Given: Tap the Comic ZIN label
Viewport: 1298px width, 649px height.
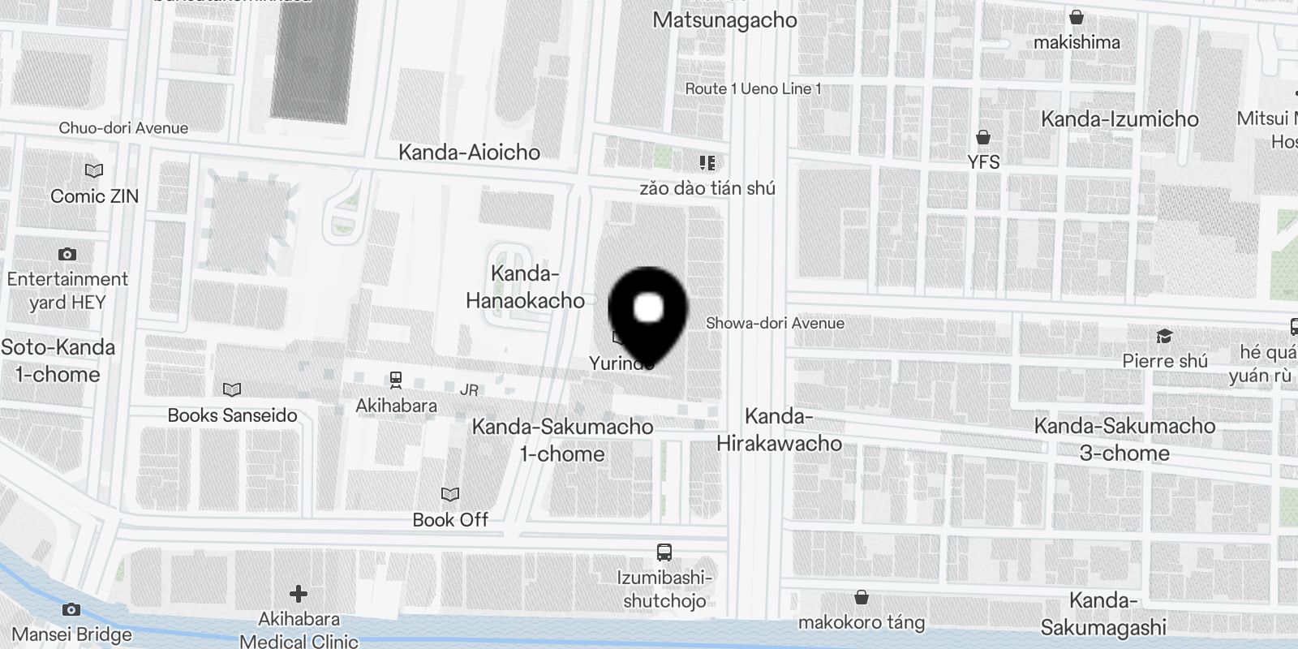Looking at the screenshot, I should pos(94,196).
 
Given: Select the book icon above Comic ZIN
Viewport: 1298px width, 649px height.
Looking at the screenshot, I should pos(94,171).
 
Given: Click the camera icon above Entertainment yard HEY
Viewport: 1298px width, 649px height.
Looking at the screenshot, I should pos(67,255).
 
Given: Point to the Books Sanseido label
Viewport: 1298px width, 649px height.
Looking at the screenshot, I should pos(232,415).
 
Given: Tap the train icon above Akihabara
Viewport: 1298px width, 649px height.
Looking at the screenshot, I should pos(396,379).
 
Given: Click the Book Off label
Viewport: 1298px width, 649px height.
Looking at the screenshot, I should pos(450,520).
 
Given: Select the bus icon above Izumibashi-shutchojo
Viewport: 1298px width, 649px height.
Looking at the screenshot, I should pos(664,553).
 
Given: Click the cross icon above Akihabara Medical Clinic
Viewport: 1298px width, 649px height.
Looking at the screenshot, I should pos(299,595).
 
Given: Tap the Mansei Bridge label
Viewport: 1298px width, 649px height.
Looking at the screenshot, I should pos(72,634).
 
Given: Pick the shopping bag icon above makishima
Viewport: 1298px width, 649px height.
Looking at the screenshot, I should pos(1077,17).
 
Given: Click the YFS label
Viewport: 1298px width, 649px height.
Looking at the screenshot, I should pos(983,162).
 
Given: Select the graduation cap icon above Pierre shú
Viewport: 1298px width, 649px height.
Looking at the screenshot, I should pos(1165,336).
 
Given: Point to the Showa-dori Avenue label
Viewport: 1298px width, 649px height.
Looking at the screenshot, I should pos(775,323).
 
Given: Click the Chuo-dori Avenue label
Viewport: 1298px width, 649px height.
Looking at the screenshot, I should pos(123,128).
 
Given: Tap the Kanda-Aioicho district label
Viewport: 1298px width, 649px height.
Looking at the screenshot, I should pos(469,153).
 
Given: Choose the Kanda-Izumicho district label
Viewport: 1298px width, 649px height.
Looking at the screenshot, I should pos(1120,119).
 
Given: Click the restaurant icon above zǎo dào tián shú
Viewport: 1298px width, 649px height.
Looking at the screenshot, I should pos(707,164).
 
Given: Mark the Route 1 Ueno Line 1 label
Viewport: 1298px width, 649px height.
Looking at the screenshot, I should pos(753,89).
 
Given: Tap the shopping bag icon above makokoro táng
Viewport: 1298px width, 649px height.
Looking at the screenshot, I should pos(862,599).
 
